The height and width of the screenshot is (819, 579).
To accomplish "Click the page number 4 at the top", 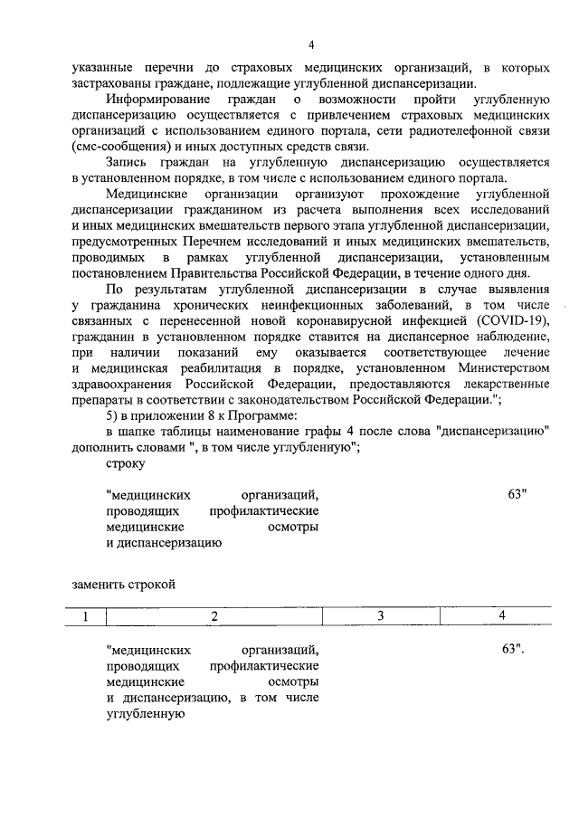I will pos(310,44).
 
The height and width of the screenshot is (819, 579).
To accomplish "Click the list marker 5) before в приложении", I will pos(113,415).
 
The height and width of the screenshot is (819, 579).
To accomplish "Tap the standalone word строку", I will pos(125,462).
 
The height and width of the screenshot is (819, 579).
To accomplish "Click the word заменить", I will pos(98,584).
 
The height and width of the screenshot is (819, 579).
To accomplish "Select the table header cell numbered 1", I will pos(88,616).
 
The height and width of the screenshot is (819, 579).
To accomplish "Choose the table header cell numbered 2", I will pos(214,616).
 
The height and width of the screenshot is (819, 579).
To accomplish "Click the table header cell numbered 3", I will pos(381,616).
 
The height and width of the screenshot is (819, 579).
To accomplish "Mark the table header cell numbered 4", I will pos(502,616).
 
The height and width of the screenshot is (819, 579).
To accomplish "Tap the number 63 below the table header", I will pos(511,650).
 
